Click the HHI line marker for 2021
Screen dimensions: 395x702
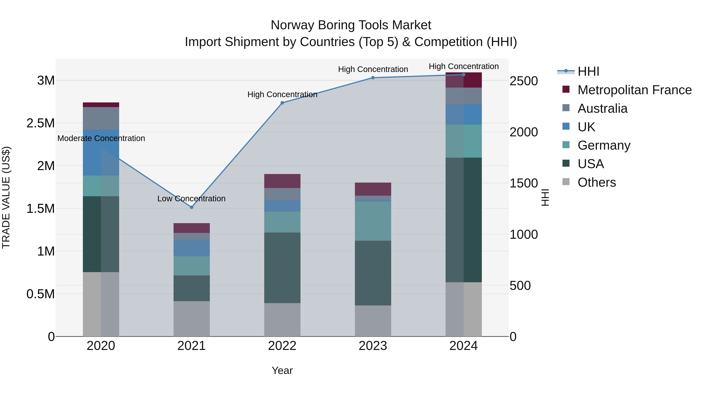click(191, 207)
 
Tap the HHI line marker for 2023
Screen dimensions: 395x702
click(373, 78)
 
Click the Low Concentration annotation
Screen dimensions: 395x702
click(191, 198)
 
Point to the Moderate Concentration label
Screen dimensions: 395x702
click(101, 138)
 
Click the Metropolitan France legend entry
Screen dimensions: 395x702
click(634, 90)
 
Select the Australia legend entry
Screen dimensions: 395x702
click(602, 108)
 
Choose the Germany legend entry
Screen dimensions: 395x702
click(604, 145)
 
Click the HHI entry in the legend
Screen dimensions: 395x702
click(588, 71)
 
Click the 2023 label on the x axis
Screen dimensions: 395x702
click(373, 346)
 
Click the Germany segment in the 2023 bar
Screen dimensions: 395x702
click(373, 221)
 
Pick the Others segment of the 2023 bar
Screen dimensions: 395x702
click(373, 321)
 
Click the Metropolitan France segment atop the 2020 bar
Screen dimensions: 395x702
click(101, 105)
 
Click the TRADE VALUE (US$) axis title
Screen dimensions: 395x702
click(6, 197)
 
